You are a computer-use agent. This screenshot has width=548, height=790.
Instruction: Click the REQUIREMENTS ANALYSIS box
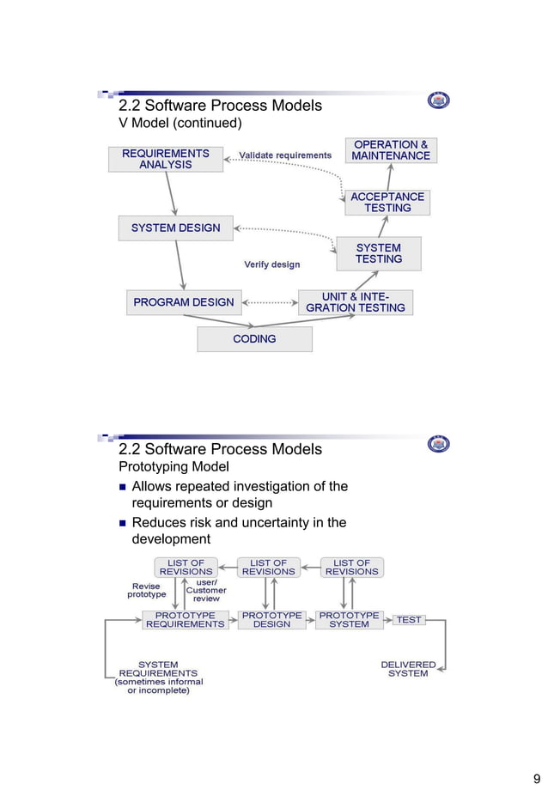(x=165, y=159)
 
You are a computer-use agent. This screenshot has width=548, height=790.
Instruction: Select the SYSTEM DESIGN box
(x=175, y=228)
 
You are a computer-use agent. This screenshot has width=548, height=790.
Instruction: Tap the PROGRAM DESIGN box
(x=183, y=302)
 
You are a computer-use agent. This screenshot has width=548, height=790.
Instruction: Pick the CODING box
(x=254, y=339)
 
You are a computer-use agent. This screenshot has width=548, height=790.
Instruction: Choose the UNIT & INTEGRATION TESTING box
(x=355, y=302)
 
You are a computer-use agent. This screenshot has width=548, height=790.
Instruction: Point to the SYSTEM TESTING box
(x=378, y=253)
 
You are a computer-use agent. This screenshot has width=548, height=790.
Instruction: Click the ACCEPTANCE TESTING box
(x=387, y=203)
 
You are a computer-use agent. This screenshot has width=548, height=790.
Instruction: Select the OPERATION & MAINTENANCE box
(x=391, y=150)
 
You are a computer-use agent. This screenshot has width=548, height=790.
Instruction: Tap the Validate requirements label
(x=284, y=155)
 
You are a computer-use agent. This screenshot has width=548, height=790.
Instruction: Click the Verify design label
(x=271, y=264)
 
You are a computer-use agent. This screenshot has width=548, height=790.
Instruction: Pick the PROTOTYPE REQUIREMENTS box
(x=185, y=620)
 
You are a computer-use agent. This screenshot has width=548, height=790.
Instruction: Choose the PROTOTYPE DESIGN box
(x=271, y=620)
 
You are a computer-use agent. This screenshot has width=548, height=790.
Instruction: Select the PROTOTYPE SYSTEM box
(x=349, y=620)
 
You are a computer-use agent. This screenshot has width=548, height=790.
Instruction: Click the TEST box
(x=409, y=620)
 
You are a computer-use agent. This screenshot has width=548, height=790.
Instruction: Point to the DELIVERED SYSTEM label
(x=408, y=669)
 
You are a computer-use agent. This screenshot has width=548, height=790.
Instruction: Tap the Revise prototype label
(x=147, y=591)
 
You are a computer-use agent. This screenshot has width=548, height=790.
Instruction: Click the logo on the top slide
(x=438, y=101)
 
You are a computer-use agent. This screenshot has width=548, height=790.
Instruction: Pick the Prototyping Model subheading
(x=173, y=467)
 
